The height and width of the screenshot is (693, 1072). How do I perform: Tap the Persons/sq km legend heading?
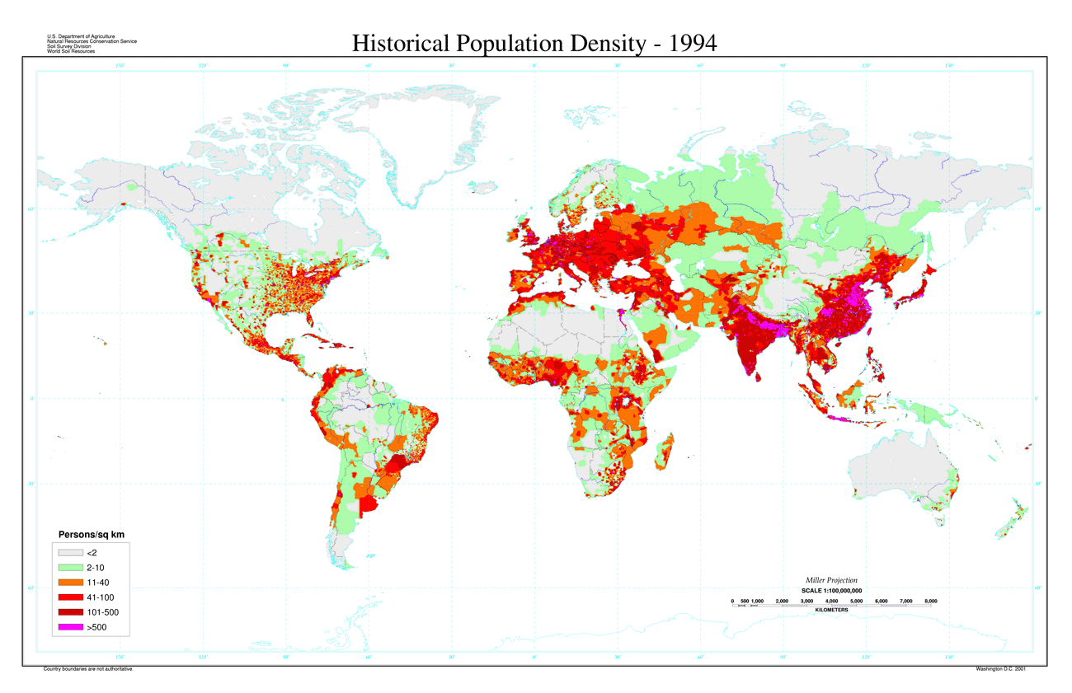point(91,535)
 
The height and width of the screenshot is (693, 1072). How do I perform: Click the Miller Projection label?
point(830,581)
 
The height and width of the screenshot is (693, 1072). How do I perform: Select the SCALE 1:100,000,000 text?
point(831,591)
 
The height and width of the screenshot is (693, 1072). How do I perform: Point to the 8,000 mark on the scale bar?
point(930,601)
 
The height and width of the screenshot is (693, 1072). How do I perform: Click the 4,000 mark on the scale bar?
point(831,601)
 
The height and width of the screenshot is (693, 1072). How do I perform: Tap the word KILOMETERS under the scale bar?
point(831,610)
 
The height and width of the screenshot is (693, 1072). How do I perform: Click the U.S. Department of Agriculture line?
point(82,36)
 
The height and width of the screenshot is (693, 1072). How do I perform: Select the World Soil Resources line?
point(71,51)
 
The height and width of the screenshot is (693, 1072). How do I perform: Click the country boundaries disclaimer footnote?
point(88,669)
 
